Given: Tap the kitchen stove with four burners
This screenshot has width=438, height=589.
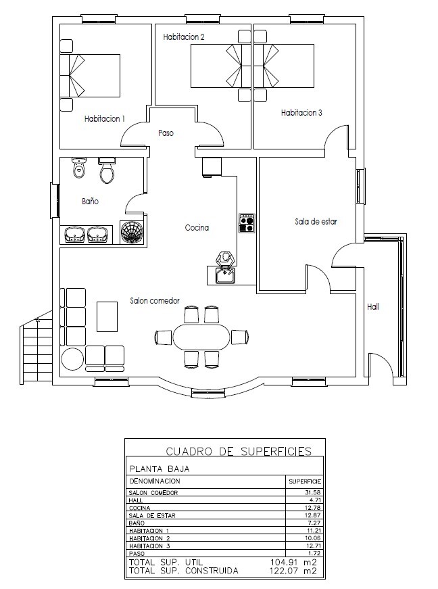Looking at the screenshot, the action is click(x=247, y=223).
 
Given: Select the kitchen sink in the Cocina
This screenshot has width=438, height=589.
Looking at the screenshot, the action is click(x=225, y=275).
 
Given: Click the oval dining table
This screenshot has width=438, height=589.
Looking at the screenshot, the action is click(x=201, y=337).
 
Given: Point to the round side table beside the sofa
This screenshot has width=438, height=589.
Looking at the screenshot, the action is click(x=72, y=359).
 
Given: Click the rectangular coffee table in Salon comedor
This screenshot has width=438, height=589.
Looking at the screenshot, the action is click(x=107, y=316).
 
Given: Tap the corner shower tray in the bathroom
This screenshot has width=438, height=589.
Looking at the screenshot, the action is click(x=131, y=233).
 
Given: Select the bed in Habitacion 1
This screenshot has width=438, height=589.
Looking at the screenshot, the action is click(x=90, y=76).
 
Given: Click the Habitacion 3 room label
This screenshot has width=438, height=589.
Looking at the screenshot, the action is click(x=301, y=112).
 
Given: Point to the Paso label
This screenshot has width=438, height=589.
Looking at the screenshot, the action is click(x=166, y=133).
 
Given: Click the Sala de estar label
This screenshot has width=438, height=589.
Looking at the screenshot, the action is click(x=316, y=221).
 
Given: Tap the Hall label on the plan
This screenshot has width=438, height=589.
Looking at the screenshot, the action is click(x=373, y=306).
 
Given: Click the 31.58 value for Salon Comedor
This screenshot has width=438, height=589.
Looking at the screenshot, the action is click(x=314, y=492).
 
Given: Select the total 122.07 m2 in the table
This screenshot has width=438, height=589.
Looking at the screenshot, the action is click(x=293, y=571).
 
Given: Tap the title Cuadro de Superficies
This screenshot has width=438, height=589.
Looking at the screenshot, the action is click(x=239, y=451).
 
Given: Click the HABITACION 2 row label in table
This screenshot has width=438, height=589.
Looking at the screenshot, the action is click(x=149, y=538).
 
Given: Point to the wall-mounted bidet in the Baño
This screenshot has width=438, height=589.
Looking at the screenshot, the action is click(x=79, y=168).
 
